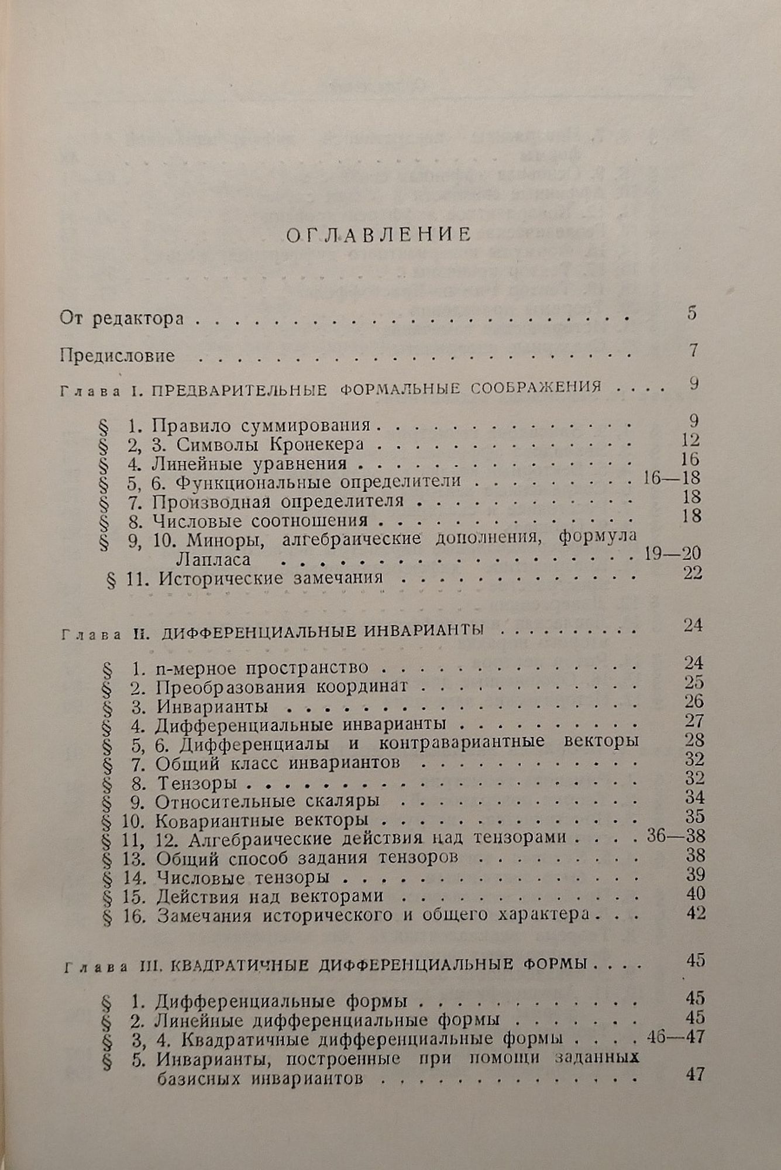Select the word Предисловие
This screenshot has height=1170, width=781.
coord(118,356)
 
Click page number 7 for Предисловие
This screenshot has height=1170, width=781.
coord(693,350)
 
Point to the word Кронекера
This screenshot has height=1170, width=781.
coord(316,445)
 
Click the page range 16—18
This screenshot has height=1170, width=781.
coord(671,478)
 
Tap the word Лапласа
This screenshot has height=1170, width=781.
coord(214,559)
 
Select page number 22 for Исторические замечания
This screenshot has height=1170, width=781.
coord(693,573)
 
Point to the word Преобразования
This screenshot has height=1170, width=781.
coord(230,686)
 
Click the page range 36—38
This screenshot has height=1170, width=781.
coord(676,836)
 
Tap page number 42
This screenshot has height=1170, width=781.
coord(696,913)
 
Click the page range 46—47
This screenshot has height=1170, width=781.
coord(676,1037)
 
